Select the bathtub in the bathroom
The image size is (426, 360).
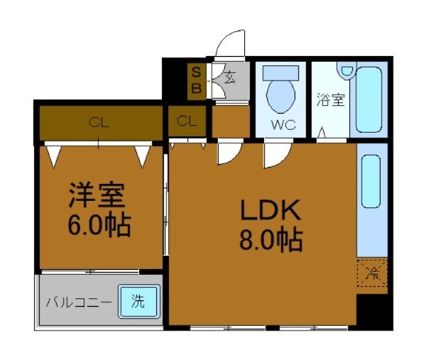tap(370, 99)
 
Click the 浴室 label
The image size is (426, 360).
tap(330, 99)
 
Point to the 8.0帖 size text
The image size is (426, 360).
tap(271, 241)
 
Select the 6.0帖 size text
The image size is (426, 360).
tap(99, 226)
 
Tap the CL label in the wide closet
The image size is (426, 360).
tap(99, 122)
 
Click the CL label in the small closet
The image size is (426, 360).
tap(187, 121)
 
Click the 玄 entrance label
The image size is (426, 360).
tap(231, 78)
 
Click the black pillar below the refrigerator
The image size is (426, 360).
tap(373, 310)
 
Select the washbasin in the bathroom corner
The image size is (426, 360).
tap(346, 70)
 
